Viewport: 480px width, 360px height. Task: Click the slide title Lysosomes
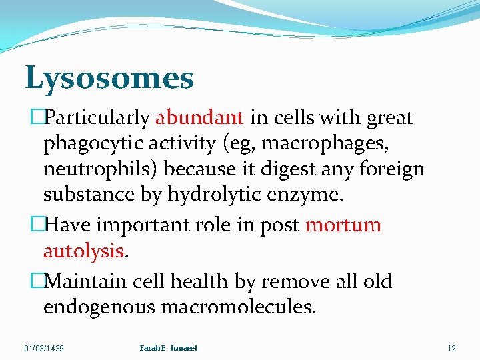pyautogui.click(x=109, y=79)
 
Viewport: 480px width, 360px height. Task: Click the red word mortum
pyautogui.click(x=343, y=225)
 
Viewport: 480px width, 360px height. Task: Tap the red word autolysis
pyautogui.click(x=83, y=251)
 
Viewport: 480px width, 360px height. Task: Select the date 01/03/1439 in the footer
pyautogui.click(x=44, y=348)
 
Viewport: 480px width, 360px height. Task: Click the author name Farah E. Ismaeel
pyautogui.click(x=168, y=347)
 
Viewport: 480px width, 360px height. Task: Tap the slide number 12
pyautogui.click(x=451, y=348)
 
